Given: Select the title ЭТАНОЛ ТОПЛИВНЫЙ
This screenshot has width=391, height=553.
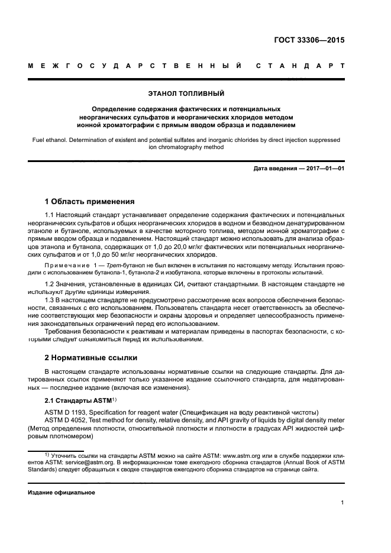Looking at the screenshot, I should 186,93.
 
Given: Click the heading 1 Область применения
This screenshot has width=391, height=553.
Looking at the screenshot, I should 90,201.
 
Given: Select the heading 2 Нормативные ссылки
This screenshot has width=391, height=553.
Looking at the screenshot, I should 91,357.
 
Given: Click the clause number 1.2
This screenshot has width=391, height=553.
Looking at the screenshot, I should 50,285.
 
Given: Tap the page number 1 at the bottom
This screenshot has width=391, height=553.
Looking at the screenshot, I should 342,503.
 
